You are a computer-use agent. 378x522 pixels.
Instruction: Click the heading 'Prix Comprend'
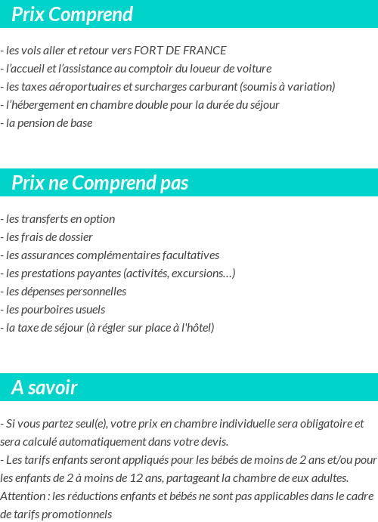72,14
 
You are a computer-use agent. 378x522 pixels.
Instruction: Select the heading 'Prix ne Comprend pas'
100,183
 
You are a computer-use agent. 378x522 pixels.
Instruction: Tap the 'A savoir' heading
45,388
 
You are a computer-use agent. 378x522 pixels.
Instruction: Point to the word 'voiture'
253,69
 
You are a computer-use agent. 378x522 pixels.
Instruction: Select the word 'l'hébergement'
38,105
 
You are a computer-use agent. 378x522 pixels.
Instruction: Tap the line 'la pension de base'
49,123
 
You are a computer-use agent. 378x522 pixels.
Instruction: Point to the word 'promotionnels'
78,514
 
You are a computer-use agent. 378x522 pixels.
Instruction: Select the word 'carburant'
214,87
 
